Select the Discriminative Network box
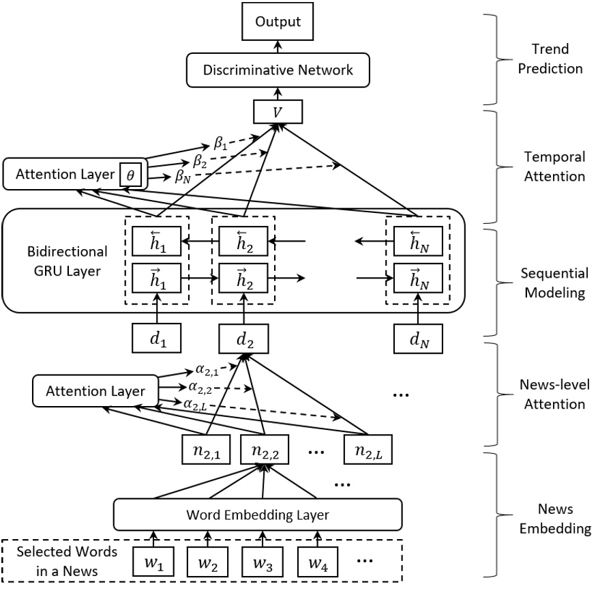[x=277, y=70]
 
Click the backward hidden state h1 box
[x=157, y=240]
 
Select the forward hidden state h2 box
[x=243, y=278]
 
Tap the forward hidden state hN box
[x=418, y=278]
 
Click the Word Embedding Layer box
[x=258, y=514]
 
